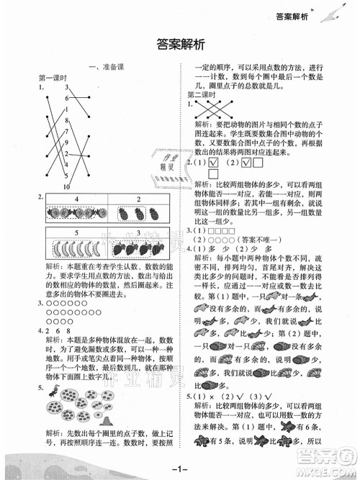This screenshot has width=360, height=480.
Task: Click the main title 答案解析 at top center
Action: (x=180, y=45)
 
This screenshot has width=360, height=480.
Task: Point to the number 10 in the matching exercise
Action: (x=65, y=184)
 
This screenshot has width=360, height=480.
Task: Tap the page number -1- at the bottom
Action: (x=180, y=469)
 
